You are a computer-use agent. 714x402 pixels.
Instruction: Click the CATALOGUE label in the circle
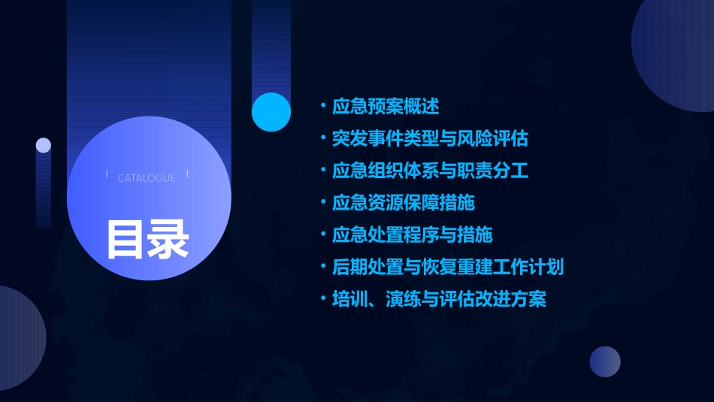point(147,178)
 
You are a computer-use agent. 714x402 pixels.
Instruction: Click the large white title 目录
point(147,238)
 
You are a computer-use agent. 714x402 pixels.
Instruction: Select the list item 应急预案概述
point(386,106)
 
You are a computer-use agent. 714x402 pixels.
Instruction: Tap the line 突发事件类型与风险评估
point(430,138)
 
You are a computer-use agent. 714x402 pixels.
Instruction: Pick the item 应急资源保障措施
point(404,202)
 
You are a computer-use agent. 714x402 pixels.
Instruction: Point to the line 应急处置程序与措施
point(412,234)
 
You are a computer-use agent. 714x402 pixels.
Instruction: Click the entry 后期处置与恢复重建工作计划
point(448,267)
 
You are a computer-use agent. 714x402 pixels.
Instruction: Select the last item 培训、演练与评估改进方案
point(439,299)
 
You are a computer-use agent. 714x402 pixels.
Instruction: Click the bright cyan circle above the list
point(271,112)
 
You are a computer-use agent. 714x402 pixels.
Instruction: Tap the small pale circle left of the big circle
point(44,145)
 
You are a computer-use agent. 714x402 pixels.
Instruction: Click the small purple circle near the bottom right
point(605,361)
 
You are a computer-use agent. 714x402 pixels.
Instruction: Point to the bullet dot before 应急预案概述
point(323,106)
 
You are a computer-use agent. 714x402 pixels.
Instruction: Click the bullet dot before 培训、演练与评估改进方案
point(323,299)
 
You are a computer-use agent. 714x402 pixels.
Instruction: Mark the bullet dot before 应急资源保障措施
point(323,202)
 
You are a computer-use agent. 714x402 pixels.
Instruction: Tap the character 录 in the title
point(168,238)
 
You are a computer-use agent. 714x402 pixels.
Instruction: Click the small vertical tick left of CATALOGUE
point(107,174)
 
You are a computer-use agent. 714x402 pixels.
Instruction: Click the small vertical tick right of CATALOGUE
point(187,174)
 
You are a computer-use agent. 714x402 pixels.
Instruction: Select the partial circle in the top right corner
point(676,53)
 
